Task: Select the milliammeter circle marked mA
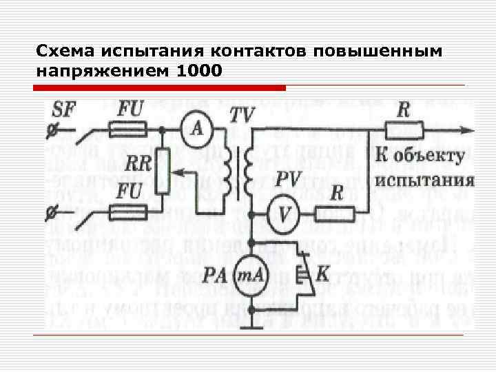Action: coord(253,276)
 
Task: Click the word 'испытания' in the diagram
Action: coord(424,182)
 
